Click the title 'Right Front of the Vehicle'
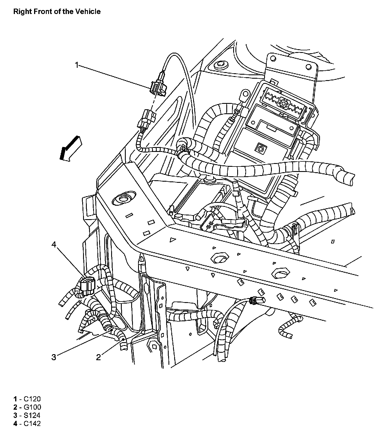57,12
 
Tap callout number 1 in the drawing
76,65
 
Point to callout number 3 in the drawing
54,357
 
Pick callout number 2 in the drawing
99,357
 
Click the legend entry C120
27,399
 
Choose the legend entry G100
27,407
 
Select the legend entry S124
27,415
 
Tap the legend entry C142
27,423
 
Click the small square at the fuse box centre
261,148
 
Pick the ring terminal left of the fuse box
245,94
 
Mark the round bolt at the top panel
221,64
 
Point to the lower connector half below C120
147,119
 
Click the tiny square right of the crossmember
333,242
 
